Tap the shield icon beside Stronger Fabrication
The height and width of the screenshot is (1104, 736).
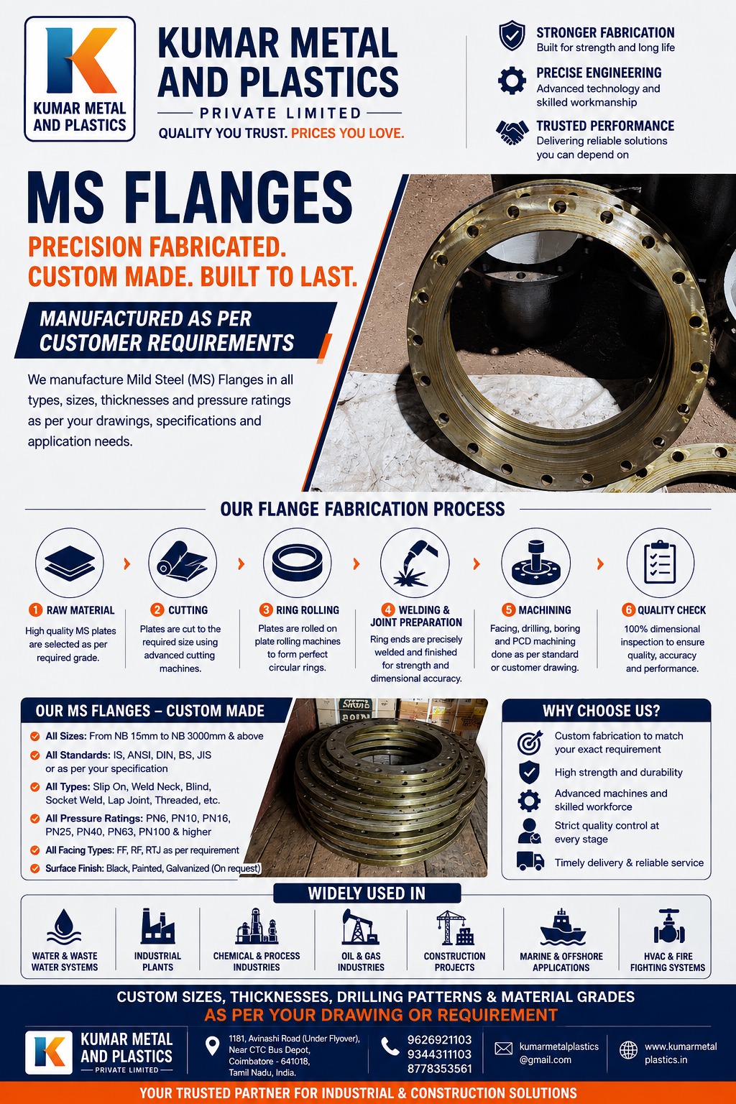pos(512,35)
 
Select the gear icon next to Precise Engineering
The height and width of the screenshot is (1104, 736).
pos(512,80)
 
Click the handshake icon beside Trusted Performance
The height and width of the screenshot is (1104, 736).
pos(512,132)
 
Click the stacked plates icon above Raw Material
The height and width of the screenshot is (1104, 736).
pos(70,562)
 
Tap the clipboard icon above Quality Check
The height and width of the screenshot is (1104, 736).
pos(660,562)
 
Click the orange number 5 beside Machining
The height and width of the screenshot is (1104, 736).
pos(508,609)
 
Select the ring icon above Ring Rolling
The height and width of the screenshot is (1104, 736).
pos(297,563)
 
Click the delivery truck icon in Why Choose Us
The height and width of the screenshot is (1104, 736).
pos(530,861)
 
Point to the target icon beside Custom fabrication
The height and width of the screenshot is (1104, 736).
pos(530,742)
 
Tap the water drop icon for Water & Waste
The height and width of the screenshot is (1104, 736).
pos(64,926)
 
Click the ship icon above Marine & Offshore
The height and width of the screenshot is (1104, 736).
pos(562,926)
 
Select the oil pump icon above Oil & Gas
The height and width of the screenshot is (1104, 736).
pos(360,926)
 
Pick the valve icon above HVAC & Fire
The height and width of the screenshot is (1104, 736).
pos(669,926)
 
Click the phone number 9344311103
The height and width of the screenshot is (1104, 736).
pos(439,1054)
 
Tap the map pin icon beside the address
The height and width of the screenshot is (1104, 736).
pos(212,1046)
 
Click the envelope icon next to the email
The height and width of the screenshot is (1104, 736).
pos(503,1049)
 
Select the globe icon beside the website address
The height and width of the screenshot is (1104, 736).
pos(628,1050)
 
